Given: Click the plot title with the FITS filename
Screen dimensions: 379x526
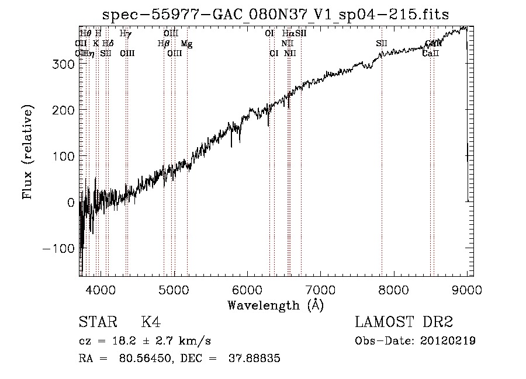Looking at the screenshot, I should click(x=275, y=15).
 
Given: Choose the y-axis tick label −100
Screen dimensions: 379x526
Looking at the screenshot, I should click(x=57, y=248).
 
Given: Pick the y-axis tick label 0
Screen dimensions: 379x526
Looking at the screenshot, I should click(x=71, y=203).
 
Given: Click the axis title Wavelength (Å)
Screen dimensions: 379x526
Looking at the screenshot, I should click(x=275, y=305).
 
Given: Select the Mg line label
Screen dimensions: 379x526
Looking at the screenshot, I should click(x=186, y=44).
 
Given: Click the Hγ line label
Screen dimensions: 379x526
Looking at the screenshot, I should click(x=126, y=34).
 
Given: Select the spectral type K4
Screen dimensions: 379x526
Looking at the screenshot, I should click(x=151, y=322).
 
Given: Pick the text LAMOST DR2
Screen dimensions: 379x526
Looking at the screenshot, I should click(x=403, y=322).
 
